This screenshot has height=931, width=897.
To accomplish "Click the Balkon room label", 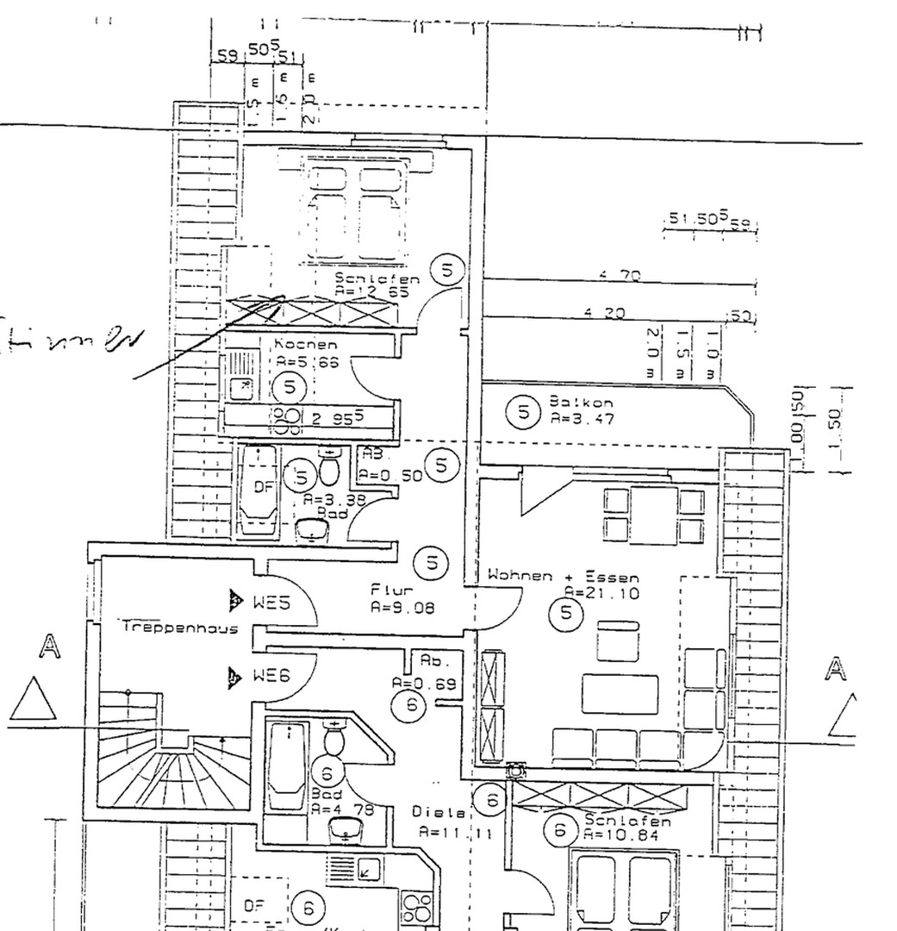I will (569, 403).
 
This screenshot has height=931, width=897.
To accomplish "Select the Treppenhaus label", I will (168, 628).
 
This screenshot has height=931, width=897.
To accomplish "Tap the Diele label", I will (438, 812).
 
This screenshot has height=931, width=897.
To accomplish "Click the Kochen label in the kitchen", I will (306, 344).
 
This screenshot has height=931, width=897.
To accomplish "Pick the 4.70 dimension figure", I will (620, 276).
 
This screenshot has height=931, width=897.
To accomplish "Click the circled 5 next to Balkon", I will (523, 411).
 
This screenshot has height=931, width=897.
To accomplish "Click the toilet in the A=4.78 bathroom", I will (334, 739).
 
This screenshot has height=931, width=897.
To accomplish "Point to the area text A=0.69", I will (423, 684).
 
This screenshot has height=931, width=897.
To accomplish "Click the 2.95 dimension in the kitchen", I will (337, 419).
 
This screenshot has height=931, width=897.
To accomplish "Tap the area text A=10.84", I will (614, 835).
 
